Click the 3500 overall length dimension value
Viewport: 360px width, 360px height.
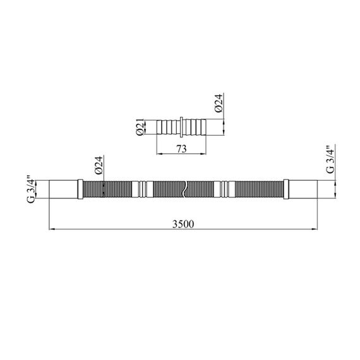pos(183,224)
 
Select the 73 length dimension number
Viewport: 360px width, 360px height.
pos(181,149)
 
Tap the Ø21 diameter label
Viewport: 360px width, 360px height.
pos(140,127)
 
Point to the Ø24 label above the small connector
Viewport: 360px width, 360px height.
pos(219,103)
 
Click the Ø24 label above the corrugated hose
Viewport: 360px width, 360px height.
pos(99,165)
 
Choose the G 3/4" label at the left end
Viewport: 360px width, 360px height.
pos(31,189)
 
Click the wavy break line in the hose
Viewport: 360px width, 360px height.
pos(184,189)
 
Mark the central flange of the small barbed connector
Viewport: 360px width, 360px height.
pos(181,127)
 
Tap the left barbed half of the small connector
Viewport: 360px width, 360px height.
pos(168,127)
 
